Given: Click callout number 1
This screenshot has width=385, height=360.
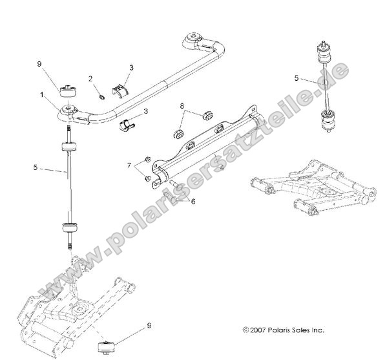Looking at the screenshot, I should tap(43, 94).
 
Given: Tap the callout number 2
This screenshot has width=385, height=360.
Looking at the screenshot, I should tap(91, 79).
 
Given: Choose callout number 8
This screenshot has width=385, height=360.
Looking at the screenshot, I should tap(183, 104).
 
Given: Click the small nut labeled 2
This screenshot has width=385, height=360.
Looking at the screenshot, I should tap(103, 97).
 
